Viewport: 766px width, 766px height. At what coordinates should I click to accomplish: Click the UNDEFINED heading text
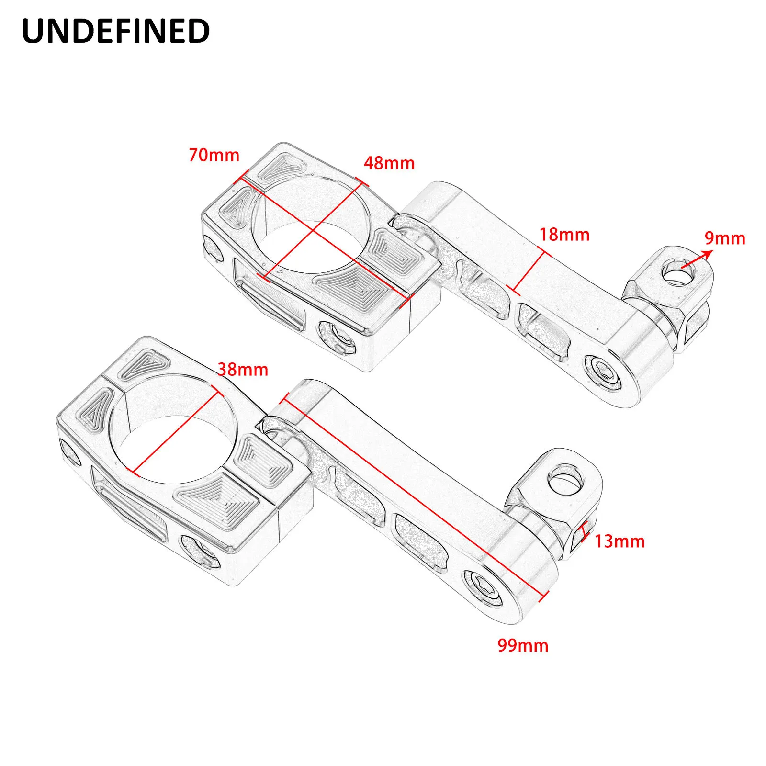[x=116, y=32]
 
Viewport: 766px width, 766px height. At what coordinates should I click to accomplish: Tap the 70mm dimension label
[x=214, y=155]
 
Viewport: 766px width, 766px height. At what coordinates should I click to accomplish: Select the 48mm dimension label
[x=389, y=163]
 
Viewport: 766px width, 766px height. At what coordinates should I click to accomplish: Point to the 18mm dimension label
[x=564, y=235]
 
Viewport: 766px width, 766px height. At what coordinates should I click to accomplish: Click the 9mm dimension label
[x=725, y=238]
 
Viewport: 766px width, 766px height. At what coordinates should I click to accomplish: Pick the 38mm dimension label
[x=243, y=370]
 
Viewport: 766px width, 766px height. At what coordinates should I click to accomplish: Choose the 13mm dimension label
[x=620, y=541]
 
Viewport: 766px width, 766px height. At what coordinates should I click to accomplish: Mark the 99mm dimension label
[x=523, y=645]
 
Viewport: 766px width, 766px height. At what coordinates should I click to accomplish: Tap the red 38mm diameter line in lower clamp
[x=179, y=432]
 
